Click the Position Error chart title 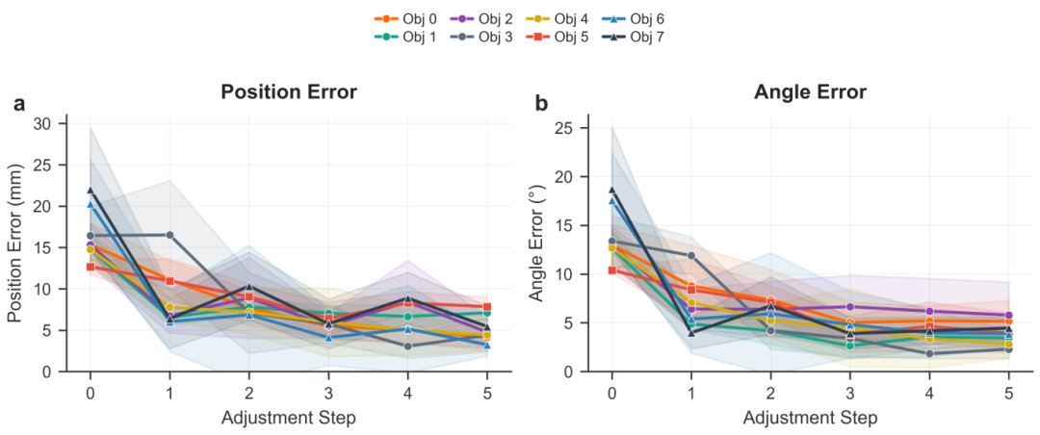pyautogui.click(x=288, y=92)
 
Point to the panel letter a pyautogui.click(x=19, y=103)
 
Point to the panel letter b pyautogui.click(x=542, y=103)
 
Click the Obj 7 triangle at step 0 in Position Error pyautogui.click(x=91, y=191)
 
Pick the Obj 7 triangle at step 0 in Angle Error pyautogui.click(x=611, y=191)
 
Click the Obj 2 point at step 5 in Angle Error pyautogui.click(x=1006, y=315)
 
